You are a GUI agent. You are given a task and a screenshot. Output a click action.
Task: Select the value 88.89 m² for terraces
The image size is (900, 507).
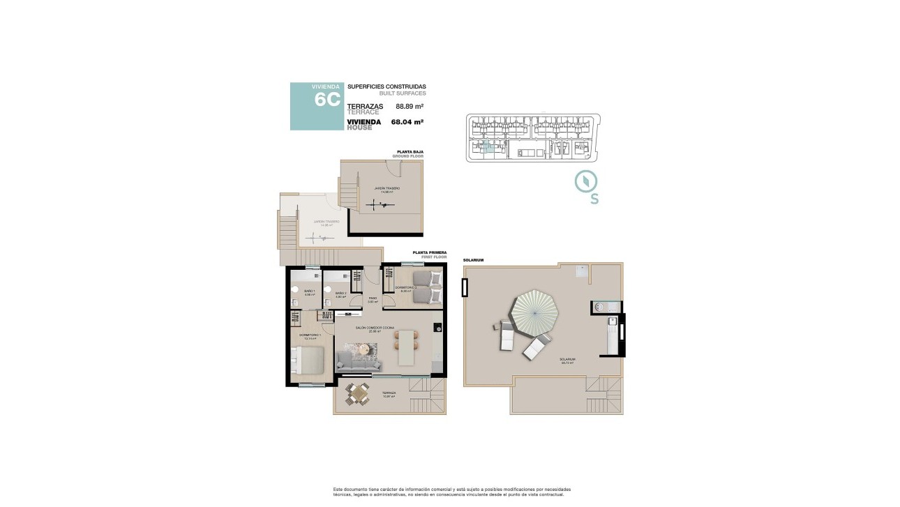coord(410,106)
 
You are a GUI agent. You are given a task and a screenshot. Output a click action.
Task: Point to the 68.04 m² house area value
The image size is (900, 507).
coord(407,121)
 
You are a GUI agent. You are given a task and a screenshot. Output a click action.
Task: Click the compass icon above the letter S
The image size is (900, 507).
coord(586,181)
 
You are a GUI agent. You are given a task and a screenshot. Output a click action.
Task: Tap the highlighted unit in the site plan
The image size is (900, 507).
coord(486,146)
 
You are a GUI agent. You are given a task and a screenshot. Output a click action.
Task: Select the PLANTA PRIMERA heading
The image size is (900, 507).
coord(429,252)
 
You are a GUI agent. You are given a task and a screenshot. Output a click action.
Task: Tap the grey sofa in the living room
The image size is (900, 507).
coord(359,361)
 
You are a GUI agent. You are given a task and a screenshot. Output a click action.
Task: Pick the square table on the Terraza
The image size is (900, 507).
coord(358,395)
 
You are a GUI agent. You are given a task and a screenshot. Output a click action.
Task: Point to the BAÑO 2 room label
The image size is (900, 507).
coord(340,293)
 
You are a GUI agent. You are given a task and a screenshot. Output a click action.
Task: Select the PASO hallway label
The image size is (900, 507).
coord(373,298)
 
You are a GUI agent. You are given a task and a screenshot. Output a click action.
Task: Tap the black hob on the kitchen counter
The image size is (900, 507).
coord(437,326)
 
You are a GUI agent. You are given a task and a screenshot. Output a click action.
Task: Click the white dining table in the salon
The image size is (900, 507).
coord(407,347)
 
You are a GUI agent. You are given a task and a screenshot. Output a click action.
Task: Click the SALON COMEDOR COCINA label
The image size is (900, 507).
coord(375,327)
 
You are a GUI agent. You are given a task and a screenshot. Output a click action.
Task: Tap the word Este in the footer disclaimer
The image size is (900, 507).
coord(339,489)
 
